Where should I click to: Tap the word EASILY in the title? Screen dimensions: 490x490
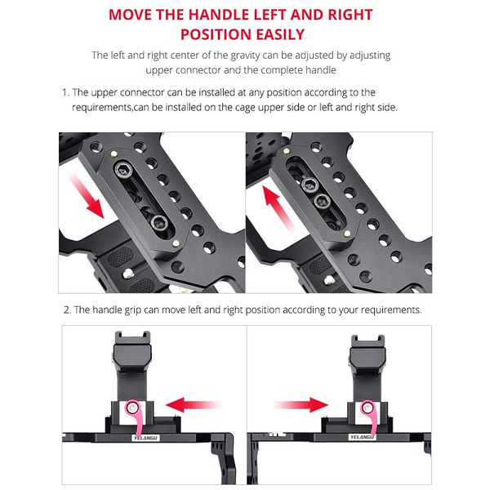click(x=276, y=34)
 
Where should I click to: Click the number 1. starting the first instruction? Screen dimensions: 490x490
click(x=65, y=92)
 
